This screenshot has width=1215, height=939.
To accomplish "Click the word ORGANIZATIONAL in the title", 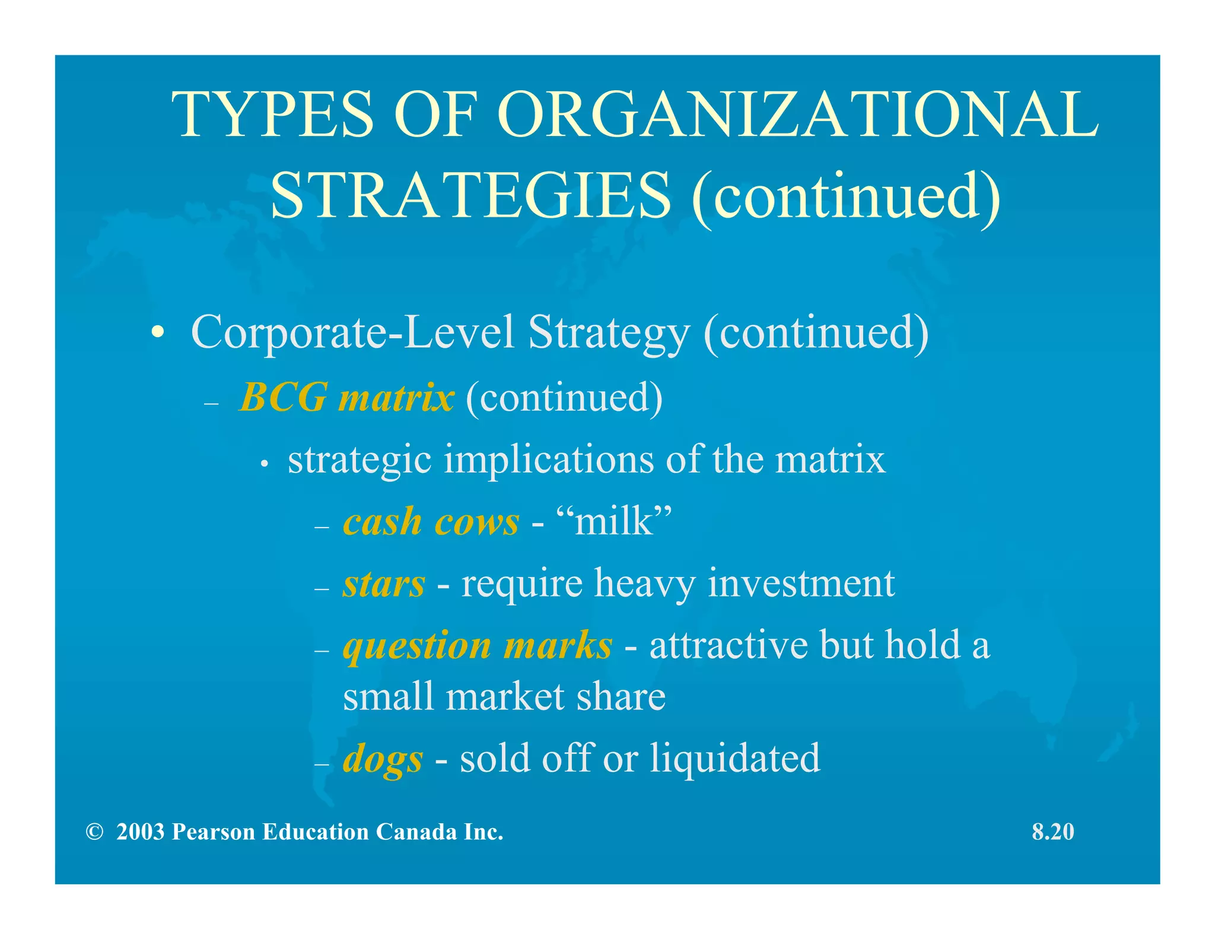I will (x=798, y=115).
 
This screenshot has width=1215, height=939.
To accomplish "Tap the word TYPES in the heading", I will (x=273, y=115).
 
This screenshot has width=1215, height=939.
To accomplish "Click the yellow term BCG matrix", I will (x=347, y=397).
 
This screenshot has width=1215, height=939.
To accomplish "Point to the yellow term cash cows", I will (x=431, y=522).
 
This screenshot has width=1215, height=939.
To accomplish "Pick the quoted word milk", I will (x=614, y=522).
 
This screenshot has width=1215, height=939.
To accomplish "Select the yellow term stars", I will (x=384, y=583).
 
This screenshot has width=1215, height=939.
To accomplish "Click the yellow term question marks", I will (x=478, y=645).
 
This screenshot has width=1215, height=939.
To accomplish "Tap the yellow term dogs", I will (x=383, y=759).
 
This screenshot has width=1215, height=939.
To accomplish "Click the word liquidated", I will (x=734, y=758).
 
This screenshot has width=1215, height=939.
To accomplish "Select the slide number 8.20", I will (x=1053, y=832).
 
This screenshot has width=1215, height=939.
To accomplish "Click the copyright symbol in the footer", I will (x=94, y=832).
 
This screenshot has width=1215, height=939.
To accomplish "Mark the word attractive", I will (x=729, y=645).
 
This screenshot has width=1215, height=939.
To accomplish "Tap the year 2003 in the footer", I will (x=140, y=832).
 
